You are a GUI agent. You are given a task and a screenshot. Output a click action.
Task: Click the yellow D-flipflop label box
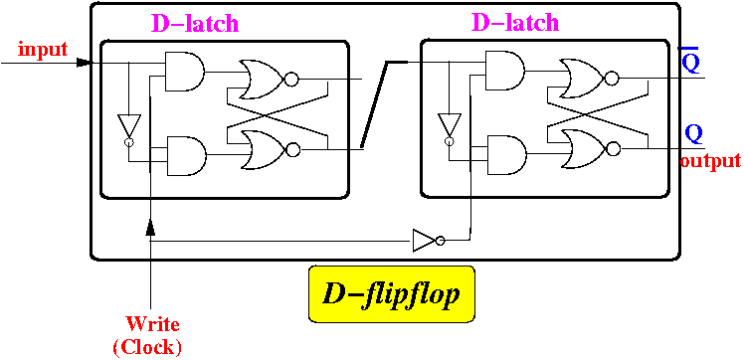[392, 294]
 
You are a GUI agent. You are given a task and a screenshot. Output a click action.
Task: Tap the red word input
[43, 50]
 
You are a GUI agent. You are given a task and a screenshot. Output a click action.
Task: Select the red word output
[710, 161]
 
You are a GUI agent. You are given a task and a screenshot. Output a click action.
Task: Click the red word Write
[153, 325]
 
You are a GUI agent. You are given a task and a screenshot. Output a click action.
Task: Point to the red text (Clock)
[147, 348]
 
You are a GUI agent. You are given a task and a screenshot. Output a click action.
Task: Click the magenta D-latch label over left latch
[195, 23]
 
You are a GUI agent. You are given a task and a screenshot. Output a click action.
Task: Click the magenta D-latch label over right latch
[515, 22]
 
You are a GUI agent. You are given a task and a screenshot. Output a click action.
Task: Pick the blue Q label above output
[693, 134]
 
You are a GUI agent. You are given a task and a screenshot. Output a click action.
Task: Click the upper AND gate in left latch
[184, 72]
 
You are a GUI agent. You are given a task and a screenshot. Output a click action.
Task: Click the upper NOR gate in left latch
[269, 80]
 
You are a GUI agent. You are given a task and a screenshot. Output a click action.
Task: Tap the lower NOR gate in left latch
[271, 150]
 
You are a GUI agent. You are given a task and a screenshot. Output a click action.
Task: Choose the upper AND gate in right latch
[505, 71]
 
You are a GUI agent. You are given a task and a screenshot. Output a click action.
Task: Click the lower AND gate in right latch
[507, 154]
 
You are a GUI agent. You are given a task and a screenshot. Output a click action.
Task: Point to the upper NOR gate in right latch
[589, 79]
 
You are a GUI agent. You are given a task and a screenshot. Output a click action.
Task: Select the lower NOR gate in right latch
[591, 149]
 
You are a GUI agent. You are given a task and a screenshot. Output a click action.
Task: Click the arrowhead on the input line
[84, 62]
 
